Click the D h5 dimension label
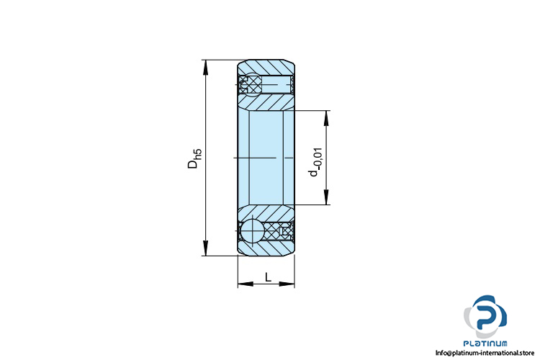(194, 158)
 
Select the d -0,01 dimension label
(316, 162)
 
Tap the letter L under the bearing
(269, 276)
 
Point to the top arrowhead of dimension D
(206, 67)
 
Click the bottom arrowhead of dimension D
(206, 248)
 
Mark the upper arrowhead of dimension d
(325, 118)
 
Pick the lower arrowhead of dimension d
(325, 197)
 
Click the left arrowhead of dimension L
(246, 284)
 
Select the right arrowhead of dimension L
(287, 284)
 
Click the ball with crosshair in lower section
(252, 230)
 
